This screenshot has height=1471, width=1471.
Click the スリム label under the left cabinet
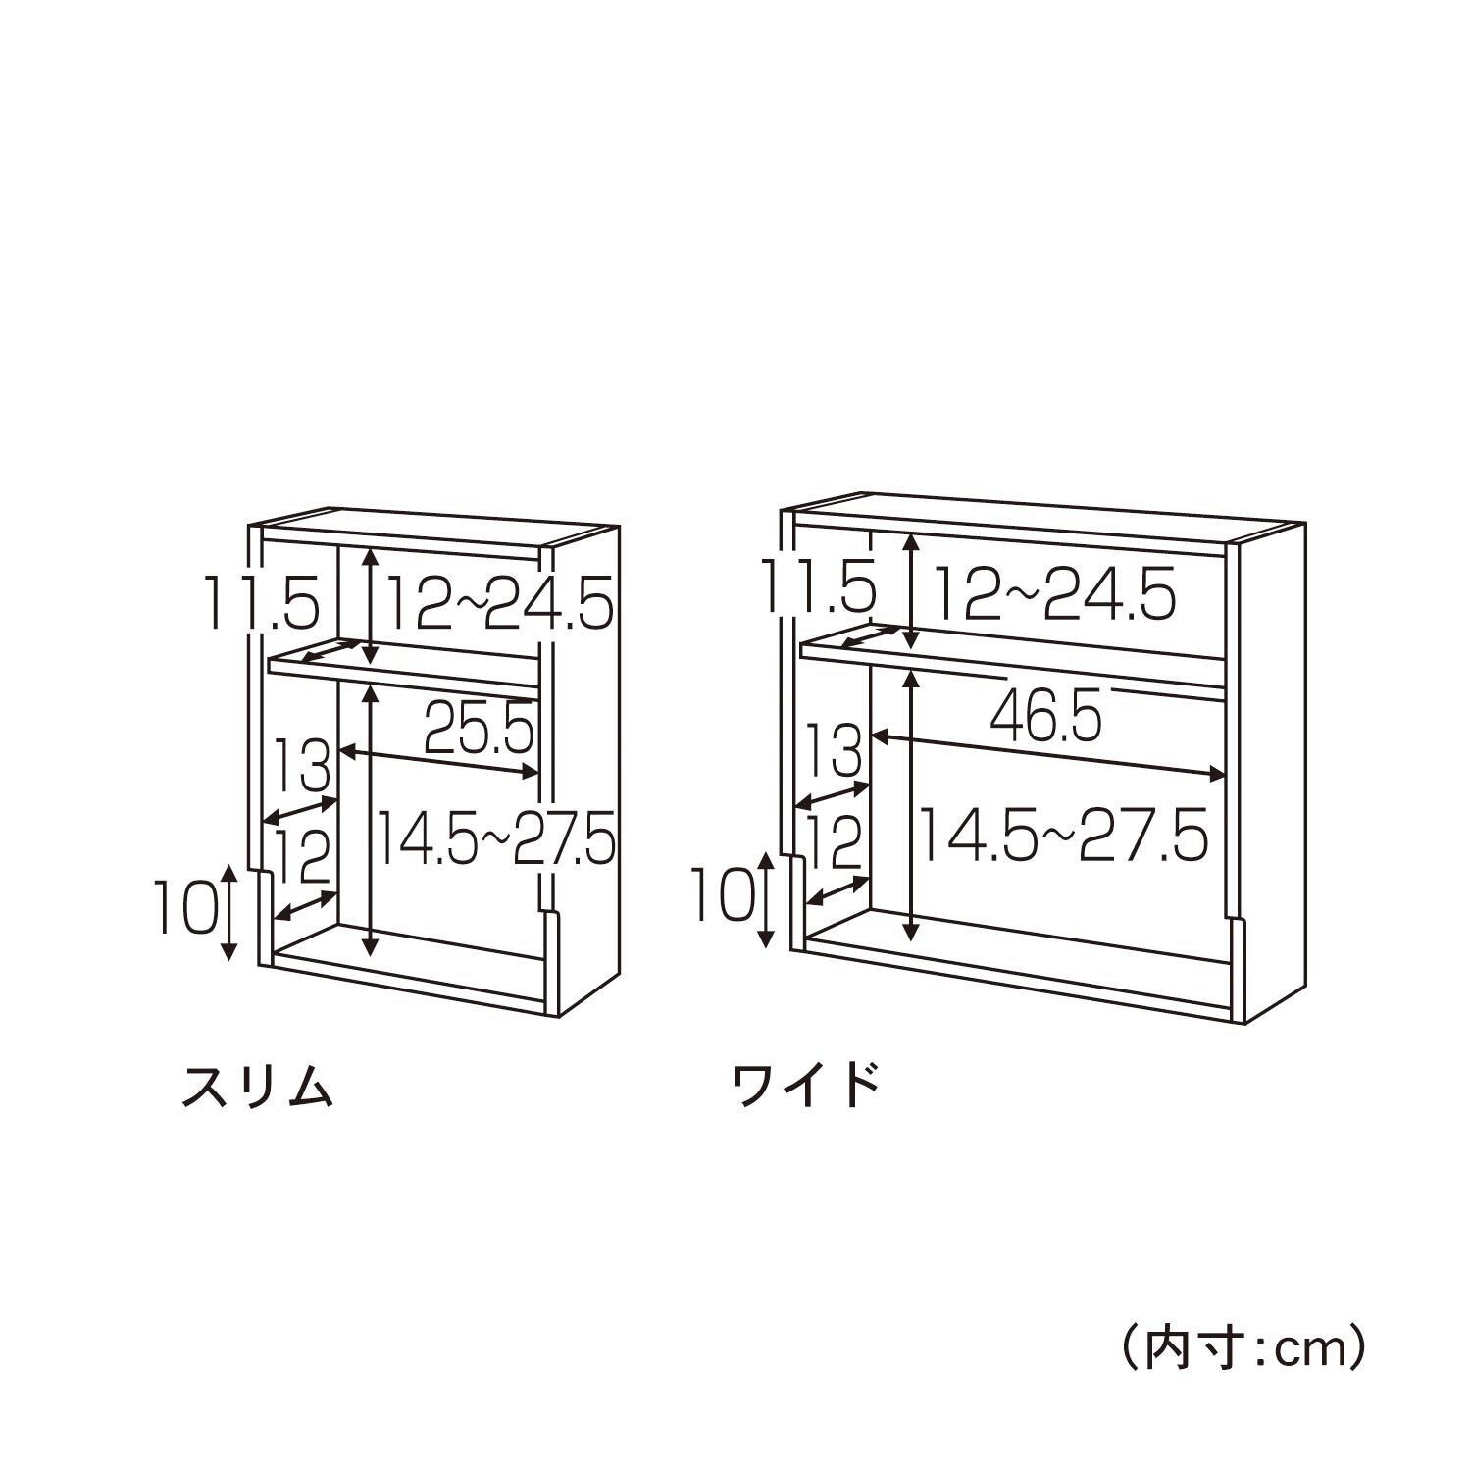pos(258,1087)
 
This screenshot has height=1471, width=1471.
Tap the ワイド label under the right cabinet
pos(806,1087)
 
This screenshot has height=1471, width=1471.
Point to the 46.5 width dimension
pos(1045,716)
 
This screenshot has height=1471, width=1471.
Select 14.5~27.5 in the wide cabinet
pos(1060,836)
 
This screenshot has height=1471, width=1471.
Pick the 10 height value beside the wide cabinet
pos(723,895)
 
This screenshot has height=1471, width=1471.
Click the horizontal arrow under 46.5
pos(1049,754)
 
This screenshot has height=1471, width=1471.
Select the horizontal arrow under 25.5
pos(439,762)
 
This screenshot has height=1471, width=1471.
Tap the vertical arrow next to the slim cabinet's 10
pos(228,912)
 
